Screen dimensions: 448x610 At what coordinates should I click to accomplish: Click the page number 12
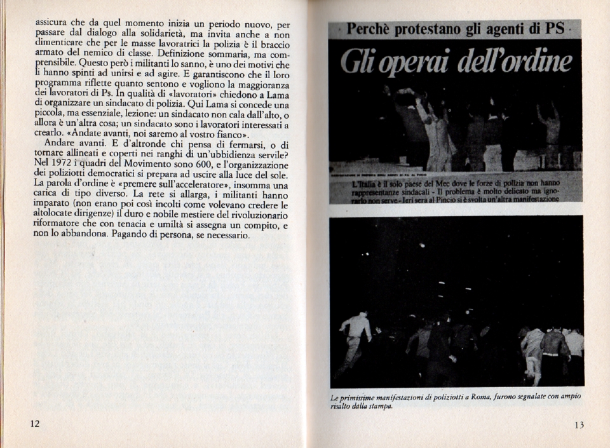[35, 423]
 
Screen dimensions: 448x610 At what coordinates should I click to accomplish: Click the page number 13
[578, 425]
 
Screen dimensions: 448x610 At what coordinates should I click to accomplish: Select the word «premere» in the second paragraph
[148, 185]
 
